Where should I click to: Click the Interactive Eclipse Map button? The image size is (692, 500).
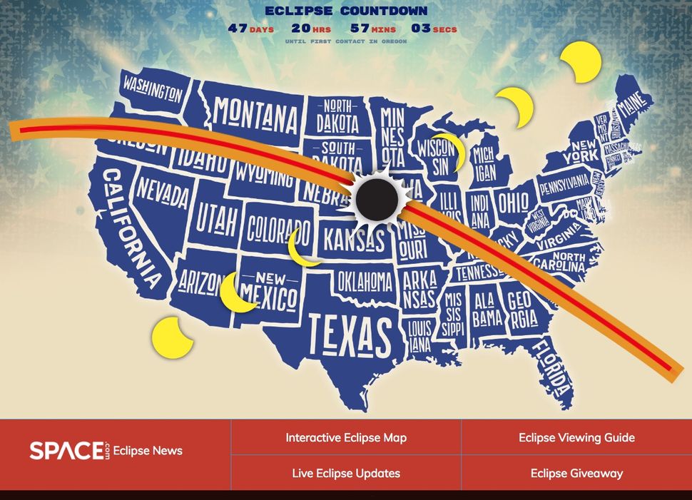click(x=346, y=437)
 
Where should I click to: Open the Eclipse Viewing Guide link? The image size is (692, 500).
click(x=576, y=437)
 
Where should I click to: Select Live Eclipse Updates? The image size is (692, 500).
click(x=346, y=473)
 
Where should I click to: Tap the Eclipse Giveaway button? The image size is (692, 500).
click(x=576, y=473)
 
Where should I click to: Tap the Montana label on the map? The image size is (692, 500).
click(x=256, y=114)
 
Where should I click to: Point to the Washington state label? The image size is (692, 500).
click(x=153, y=88)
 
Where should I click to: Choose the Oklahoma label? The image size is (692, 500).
click(x=364, y=281)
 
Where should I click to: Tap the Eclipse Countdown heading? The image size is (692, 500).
click(x=346, y=11)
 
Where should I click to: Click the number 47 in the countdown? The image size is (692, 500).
click(x=238, y=29)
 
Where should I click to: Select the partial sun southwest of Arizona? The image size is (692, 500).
click(x=171, y=337)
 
